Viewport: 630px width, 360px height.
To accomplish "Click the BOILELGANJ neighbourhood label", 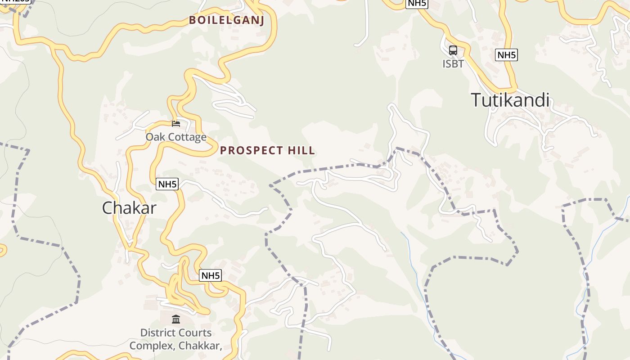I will tap(226, 20).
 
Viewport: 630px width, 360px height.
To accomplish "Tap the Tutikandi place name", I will tap(510, 100).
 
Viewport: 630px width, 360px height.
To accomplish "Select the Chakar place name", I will tap(129, 208).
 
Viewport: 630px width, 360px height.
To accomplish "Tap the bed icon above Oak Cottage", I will tap(176, 124).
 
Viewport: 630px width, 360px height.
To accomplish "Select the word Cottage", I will tap(186, 137).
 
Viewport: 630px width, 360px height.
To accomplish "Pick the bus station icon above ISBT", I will tap(453, 50).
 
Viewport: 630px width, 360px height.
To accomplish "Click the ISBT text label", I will tap(453, 64).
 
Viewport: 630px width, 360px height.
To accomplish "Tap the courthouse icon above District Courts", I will tap(176, 319).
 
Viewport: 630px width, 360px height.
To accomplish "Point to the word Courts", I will tap(196, 333).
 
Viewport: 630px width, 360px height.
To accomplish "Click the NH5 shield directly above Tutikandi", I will tap(506, 55).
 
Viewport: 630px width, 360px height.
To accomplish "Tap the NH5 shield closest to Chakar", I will tap(167, 184).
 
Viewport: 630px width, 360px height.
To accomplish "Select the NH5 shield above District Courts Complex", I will tap(211, 275).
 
